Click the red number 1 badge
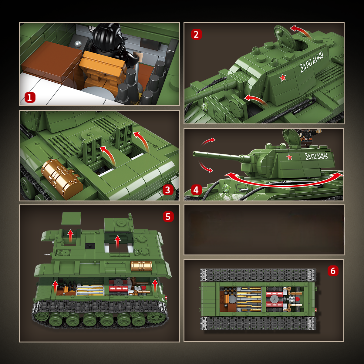(30, 98)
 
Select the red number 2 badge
(196, 34)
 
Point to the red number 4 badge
(196, 190)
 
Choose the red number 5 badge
(168, 217)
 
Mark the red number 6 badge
(333, 271)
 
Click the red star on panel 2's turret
(283, 78)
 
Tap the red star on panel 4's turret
(289, 157)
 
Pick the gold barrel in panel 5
(141, 266)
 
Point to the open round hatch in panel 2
(285, 38)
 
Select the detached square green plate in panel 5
(71, 218)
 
